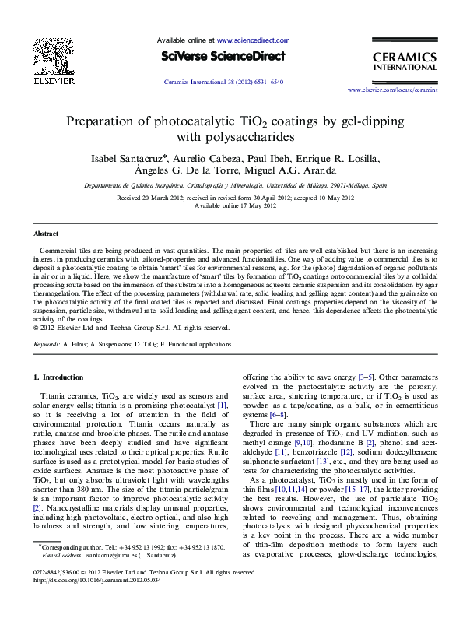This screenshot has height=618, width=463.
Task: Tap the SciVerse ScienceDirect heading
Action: (x=224, y=57)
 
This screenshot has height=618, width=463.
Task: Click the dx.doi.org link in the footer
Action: (x=97, y=580)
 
